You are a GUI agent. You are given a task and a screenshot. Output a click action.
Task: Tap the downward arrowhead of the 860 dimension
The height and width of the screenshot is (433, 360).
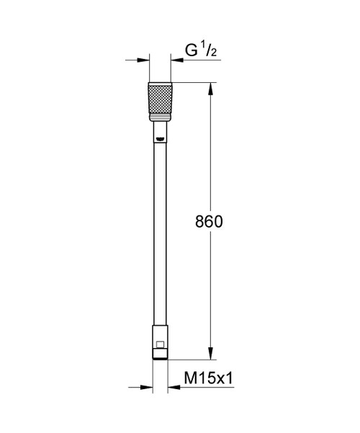pyautogui.click(x=210, y=354)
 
